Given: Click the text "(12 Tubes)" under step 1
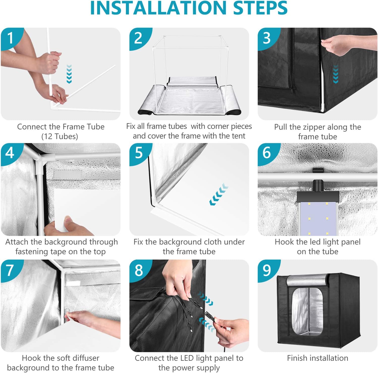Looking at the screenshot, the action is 60,136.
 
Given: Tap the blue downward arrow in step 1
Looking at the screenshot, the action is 69,74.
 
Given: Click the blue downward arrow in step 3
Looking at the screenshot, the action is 335,74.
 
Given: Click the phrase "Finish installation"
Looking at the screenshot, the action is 317,358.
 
